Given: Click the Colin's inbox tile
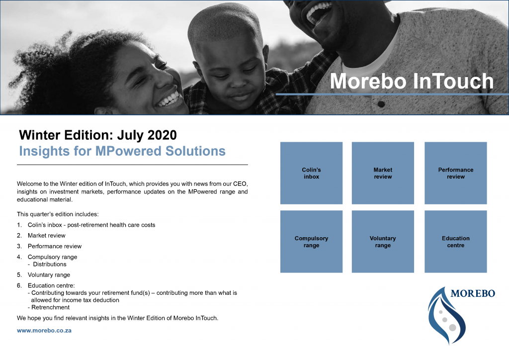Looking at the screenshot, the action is coord(311,173).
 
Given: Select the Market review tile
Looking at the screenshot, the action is coord(383,173).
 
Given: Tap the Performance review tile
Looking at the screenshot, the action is coord(455,173).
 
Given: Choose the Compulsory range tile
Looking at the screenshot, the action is coord(311,242).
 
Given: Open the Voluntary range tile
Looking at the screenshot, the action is coord(383,242).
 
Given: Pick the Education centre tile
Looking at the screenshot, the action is coord(455,242).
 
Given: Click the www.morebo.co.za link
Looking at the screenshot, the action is coord(44,331).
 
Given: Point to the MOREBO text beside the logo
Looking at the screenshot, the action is coord(473,293).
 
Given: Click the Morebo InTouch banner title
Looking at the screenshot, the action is coord(412,81).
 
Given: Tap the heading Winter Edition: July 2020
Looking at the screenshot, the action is coord(98,135).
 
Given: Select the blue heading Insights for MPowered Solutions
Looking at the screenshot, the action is coord(122,151).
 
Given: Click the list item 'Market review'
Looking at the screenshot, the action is coord(46,236).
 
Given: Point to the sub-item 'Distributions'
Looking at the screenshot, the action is coord(50,264).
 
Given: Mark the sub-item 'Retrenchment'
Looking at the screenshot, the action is coord(50,307).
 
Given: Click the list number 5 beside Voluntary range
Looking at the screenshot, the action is coord(19,275).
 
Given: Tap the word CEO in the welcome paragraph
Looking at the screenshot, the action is coord(240,184).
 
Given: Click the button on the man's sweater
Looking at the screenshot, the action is coord(381,104).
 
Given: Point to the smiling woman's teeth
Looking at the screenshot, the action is coord(169,98).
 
